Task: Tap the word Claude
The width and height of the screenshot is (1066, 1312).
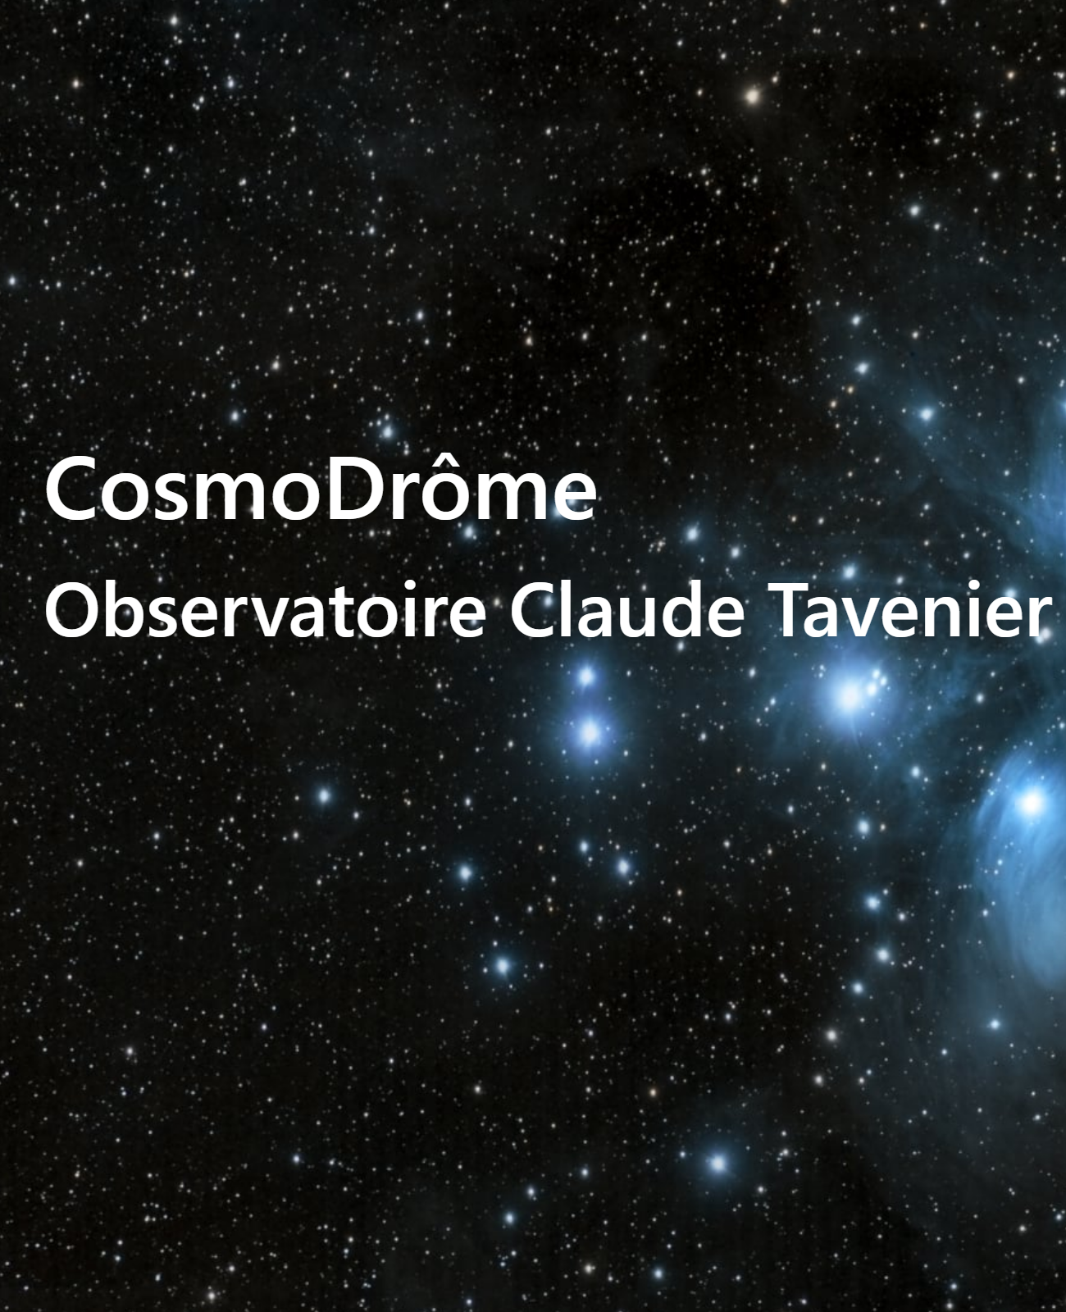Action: [x=627, y=609]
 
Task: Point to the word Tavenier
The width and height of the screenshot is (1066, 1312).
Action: [x=910, y=609]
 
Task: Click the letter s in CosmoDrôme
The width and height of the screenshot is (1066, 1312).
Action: [x=187, y=498]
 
